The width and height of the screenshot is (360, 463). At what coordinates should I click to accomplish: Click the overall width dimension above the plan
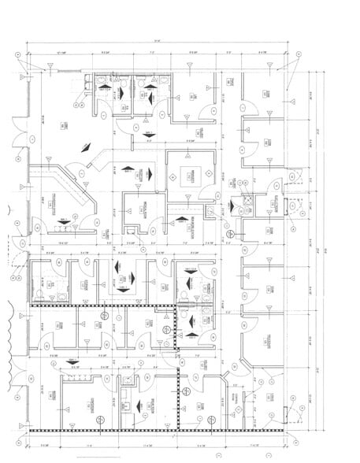coord(158,41)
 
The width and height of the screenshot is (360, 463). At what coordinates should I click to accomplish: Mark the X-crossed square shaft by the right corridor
coord(246,200)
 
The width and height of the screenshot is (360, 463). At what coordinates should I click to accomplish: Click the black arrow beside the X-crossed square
coord(234,206)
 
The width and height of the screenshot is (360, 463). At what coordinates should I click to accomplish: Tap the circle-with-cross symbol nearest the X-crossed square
coord(230,234)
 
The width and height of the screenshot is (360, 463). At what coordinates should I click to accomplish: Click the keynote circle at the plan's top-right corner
coord(299,54)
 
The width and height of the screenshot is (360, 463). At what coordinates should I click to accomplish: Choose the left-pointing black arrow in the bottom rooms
coord(140,406)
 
